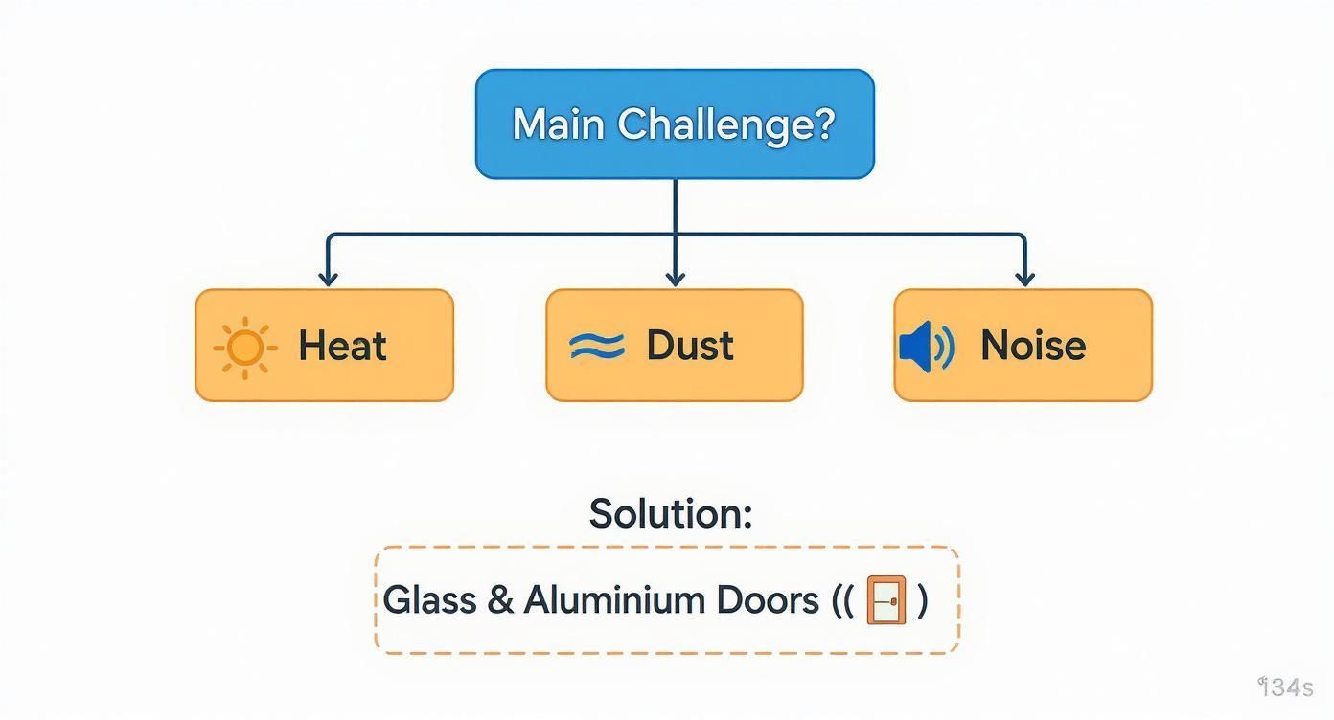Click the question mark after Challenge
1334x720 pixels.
tap(824, 124)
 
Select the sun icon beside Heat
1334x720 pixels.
tap(244, 347)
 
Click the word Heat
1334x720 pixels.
tap(342, 346)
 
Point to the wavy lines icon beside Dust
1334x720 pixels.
tap(596, 346)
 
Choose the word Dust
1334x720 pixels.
tap(690, 346)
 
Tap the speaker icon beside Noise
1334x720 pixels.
tap(926, 347)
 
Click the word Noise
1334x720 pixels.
tap(1033, 346)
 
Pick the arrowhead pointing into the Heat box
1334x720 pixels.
tap(328, 279)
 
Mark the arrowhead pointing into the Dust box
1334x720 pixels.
tap(675, 279)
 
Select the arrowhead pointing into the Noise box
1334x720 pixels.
tap(1024, 279)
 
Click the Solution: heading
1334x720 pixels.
tap(670, 514)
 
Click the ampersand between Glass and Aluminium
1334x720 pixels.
tap(499, 600)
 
